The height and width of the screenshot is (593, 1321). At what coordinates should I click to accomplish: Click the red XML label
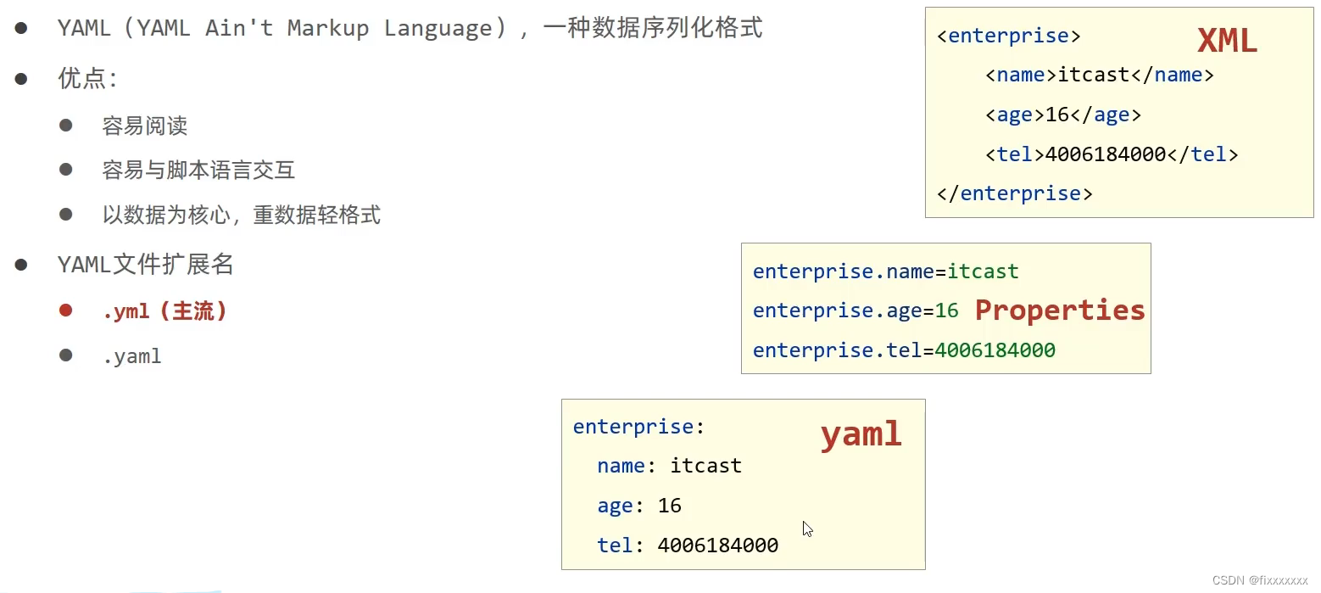1226,41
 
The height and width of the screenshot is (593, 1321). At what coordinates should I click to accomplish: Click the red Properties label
1059,310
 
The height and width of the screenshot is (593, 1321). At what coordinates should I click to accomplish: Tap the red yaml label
861,434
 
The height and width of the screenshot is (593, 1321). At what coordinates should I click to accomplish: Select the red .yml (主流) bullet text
164,311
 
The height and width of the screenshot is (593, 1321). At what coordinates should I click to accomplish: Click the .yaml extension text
131,356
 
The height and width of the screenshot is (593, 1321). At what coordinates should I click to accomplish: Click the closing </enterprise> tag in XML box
1014,193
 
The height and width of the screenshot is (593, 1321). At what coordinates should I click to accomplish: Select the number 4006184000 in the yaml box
717,545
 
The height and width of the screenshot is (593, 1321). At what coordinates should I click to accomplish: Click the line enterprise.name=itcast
885,271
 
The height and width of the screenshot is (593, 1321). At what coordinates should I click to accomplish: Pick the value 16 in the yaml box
669,506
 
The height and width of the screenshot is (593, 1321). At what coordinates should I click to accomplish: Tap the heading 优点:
87,79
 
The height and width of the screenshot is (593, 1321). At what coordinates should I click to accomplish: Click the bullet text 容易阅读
144,126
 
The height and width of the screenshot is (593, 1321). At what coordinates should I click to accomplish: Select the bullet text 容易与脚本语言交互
198,171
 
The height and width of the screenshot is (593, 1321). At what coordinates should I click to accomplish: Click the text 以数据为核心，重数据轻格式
241,215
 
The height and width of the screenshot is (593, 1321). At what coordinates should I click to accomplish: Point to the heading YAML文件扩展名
145,266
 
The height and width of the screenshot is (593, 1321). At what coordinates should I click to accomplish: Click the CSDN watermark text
1260,580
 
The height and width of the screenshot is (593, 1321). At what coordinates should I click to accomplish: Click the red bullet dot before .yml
66,310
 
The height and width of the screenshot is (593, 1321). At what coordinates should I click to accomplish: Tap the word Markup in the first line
327,28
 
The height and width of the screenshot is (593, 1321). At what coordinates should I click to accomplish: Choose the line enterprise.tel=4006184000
903,350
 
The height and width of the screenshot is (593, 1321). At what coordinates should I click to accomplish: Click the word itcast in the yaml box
705,466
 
